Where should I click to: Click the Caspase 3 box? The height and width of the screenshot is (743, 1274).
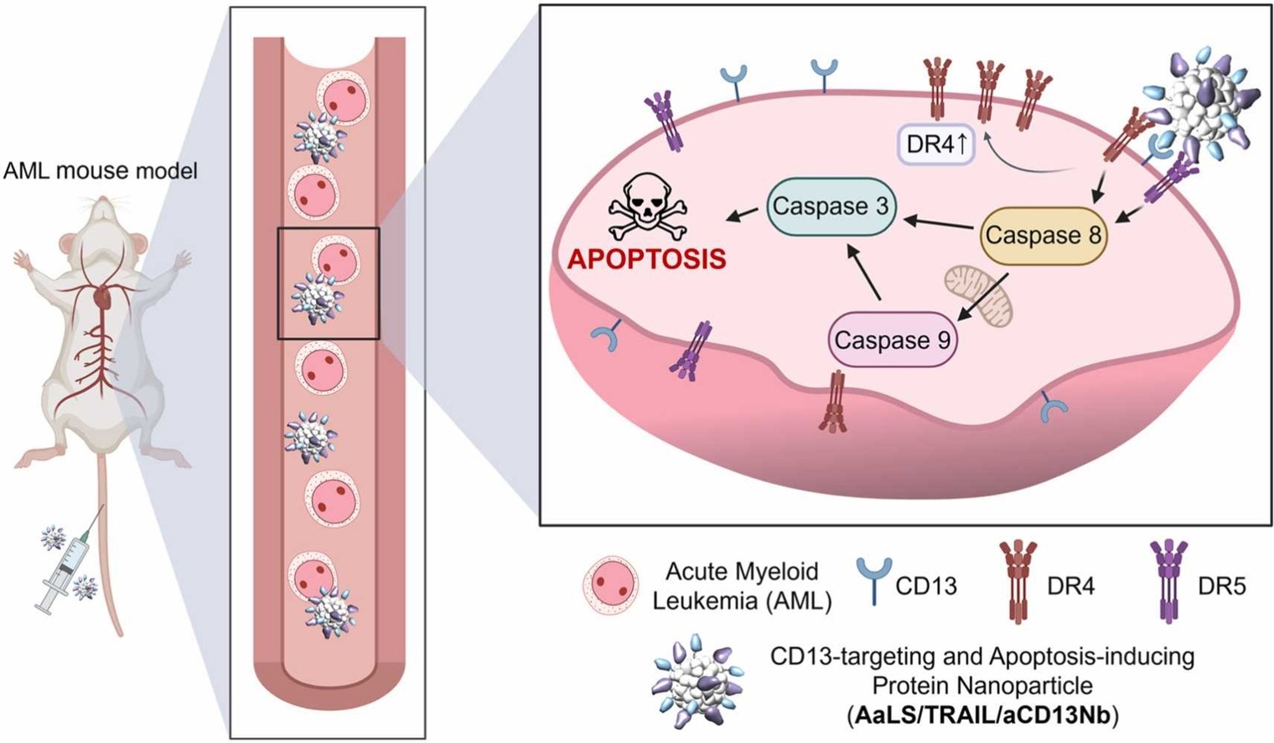(830, 206)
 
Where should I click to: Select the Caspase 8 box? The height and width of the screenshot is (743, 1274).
(1042, 235)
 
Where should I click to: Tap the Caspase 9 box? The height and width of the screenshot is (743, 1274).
(892, 340)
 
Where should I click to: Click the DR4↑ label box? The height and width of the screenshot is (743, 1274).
(936, 144)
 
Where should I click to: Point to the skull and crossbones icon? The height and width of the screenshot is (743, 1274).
(646, 209)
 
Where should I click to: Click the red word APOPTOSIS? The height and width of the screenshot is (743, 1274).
(646, 258)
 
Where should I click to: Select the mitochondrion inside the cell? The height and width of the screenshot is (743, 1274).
(979, 294)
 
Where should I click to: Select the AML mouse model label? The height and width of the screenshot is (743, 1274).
(101, 171)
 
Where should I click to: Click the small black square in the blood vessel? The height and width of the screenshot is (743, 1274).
(329, 283)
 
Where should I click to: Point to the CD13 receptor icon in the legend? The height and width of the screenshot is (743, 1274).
(873, 579)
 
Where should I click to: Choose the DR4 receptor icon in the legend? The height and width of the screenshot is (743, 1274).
(1017, 581)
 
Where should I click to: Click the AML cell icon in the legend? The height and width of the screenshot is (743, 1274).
(611, 585)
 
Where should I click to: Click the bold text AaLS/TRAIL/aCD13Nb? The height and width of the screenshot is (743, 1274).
(982, 715)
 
